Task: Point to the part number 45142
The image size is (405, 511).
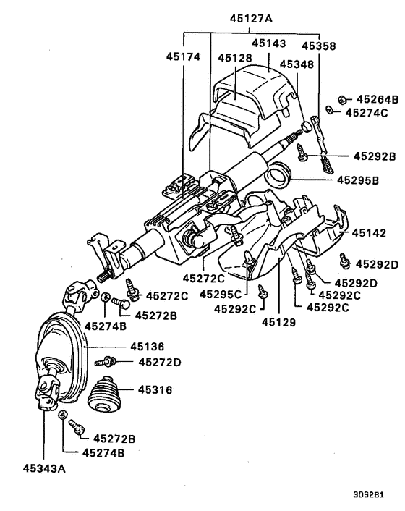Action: click(x=369, y=233)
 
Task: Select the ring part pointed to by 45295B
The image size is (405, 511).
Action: click(x=278, y=174)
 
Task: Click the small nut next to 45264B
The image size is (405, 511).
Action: click(x=342, y=98)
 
